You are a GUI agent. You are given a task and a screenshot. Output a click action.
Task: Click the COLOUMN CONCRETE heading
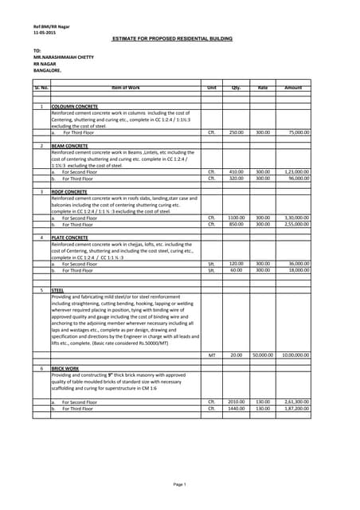tap(75, 106)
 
